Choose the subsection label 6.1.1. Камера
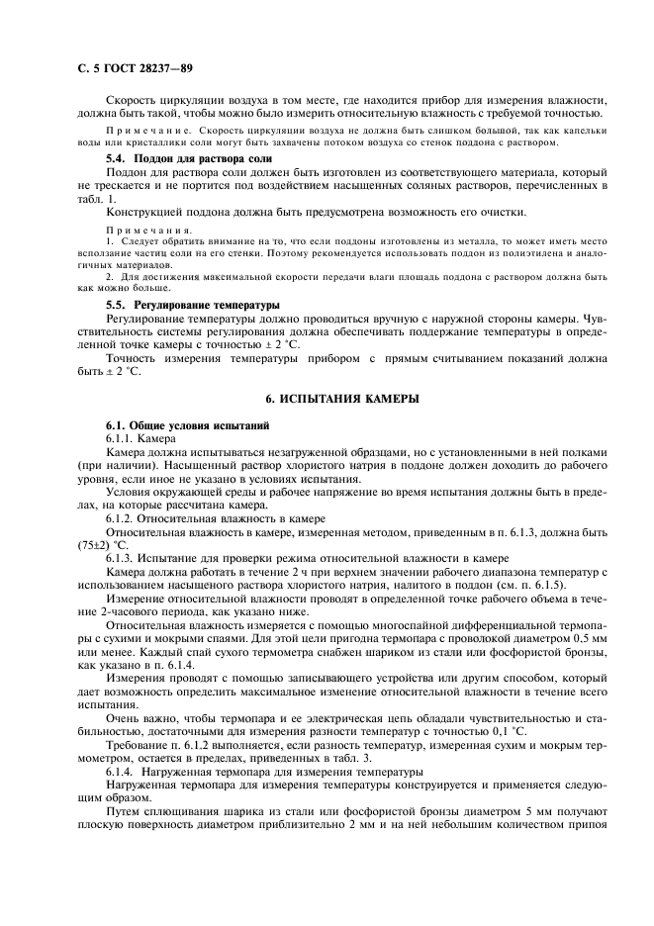pos(140,436)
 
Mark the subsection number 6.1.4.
pos(122,771)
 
